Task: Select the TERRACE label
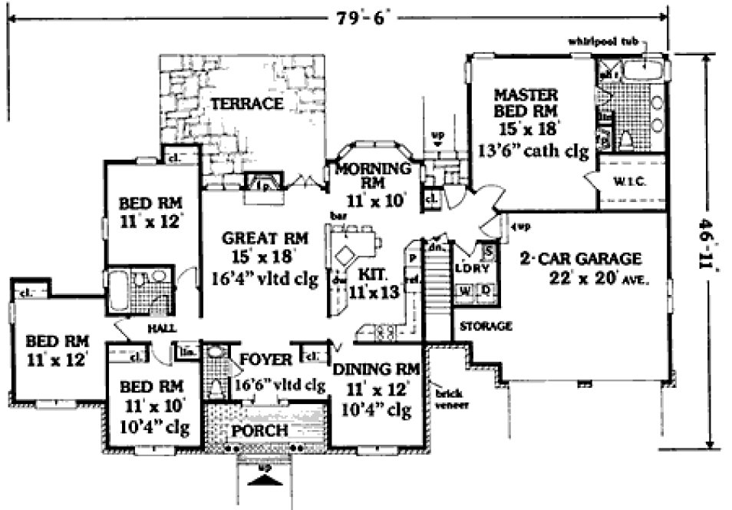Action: [247, 104]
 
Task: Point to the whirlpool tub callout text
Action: [602, 41]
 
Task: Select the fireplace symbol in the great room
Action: [262, 183]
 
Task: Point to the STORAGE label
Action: [485, 326]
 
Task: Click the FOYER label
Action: [265, 360]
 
